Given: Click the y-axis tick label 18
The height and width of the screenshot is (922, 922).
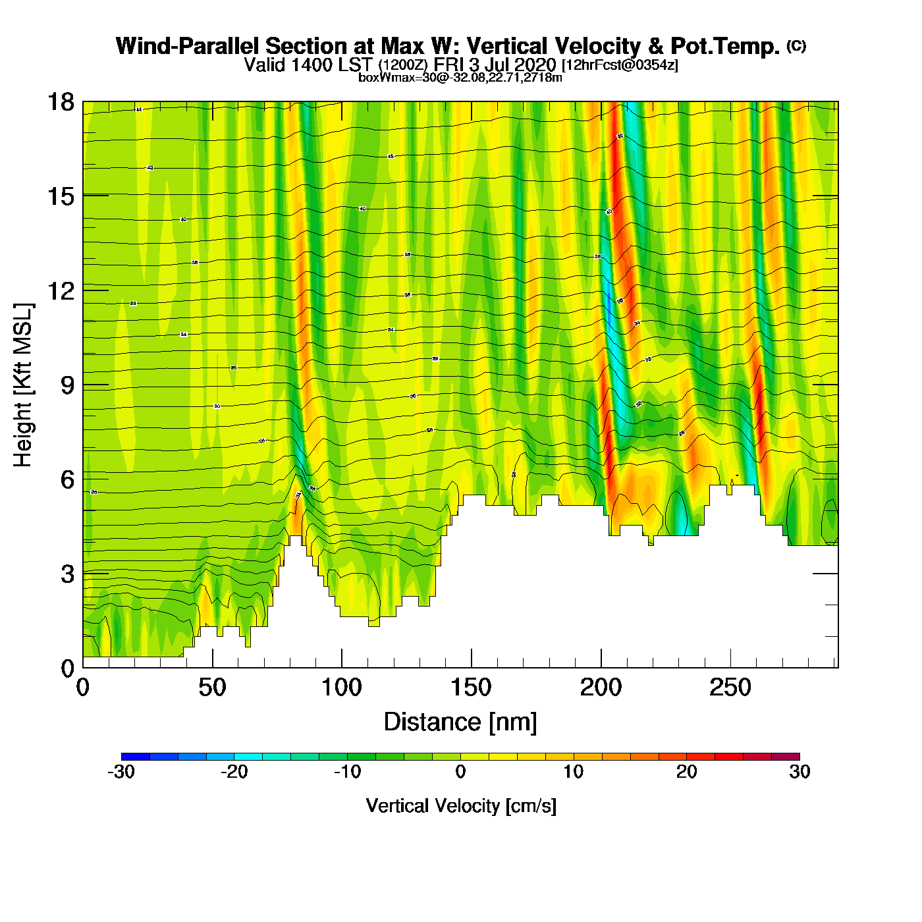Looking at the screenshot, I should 60,102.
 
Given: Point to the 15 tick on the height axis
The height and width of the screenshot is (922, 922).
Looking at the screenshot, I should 60,196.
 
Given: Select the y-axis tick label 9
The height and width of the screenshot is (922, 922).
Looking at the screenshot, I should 67,385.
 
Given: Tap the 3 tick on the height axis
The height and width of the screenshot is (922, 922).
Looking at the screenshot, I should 67,574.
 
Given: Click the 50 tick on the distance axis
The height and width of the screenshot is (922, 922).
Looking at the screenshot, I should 212,688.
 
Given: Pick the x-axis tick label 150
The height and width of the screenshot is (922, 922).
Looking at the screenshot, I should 471,688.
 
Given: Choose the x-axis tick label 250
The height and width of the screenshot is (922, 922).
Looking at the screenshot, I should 730,688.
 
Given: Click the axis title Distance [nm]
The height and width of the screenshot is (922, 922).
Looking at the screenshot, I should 460,722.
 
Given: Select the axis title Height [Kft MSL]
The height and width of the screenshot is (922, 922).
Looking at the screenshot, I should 23,385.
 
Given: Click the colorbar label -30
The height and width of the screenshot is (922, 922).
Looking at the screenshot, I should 121,772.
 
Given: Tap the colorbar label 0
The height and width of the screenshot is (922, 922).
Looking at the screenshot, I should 460,772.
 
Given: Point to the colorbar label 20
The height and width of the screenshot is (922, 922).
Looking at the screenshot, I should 686,772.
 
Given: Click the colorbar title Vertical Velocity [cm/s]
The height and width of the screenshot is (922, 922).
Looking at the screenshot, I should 460,806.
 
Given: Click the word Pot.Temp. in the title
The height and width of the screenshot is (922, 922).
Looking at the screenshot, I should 725,47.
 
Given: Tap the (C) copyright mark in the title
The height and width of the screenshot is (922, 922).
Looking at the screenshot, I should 796,45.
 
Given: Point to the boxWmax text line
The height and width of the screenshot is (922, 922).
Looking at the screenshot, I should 460,78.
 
